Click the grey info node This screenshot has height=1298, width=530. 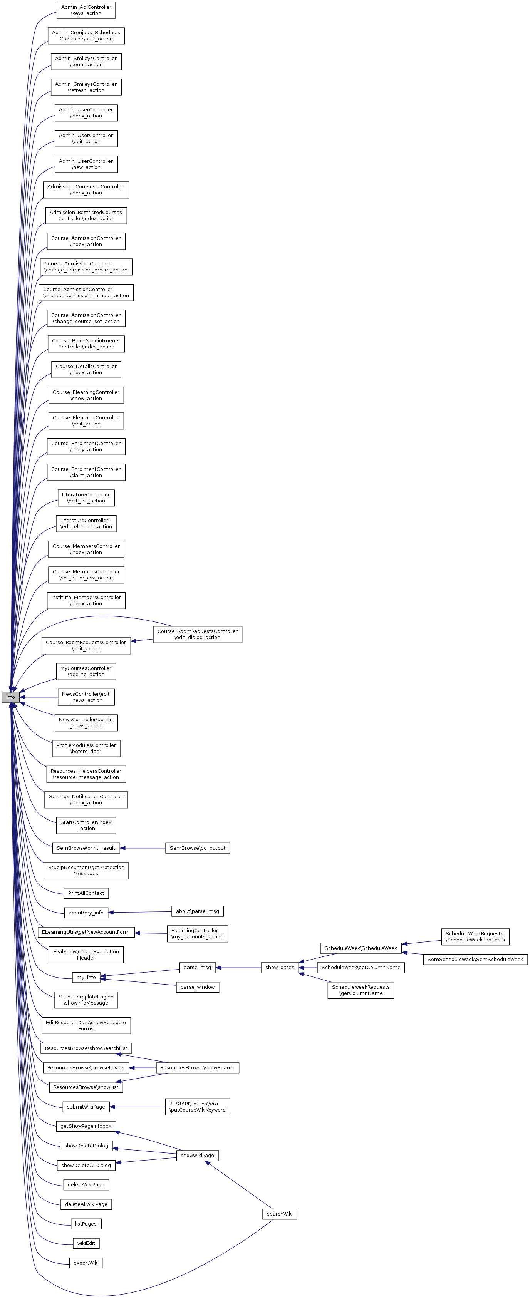(x=10, y=697)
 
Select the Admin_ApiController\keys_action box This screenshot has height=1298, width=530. (x=86, y=10)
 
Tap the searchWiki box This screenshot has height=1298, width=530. (x=279, y=1214)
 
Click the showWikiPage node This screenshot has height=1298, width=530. (x=197, y=1155)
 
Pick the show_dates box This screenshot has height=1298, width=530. (x=279, y=968)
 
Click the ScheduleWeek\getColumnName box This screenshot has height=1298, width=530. (x=361, y=968)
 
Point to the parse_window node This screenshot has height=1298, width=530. (x=197, y=987)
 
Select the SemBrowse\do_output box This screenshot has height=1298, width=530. (x=197, y=848)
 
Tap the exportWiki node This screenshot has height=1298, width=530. (x=86, y=1263)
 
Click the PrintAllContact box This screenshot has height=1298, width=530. (x=86, y=893)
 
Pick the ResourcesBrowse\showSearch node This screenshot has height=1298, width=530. (x=197, y=1067)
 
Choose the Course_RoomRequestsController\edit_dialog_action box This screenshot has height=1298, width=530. (x=197, y=635)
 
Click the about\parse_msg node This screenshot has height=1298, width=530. (x=197, y=911)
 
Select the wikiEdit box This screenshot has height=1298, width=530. (x=86, y=1243)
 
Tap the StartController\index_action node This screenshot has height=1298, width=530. (x=86, y=826)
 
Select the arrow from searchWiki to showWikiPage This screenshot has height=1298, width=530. (x=237, y=1185)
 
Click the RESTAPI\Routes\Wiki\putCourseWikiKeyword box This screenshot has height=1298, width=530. (x=197, y=1107)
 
